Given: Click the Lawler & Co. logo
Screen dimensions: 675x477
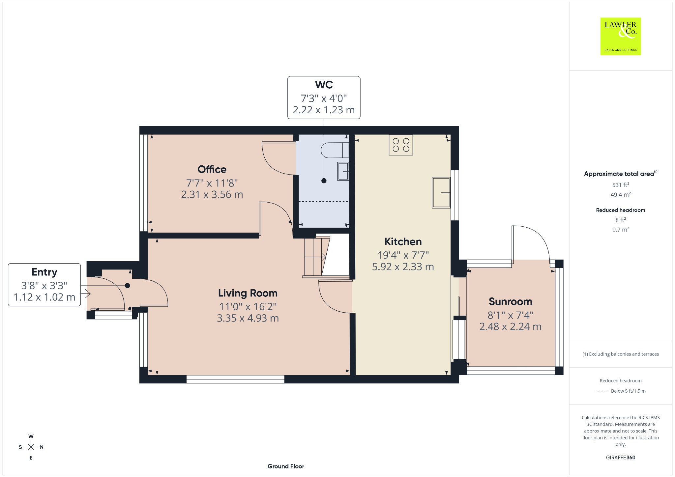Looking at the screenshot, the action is (620, 36).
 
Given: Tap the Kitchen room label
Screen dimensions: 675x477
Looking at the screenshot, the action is (403, 241).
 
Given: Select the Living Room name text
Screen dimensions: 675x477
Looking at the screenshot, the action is (248, 293).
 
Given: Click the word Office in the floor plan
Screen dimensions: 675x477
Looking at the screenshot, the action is (212, 169).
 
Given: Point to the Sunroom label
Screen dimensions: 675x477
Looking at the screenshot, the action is (510, 301).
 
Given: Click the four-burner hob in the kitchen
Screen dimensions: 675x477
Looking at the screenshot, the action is (401, 145).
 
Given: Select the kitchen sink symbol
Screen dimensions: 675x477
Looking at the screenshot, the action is (441, 193).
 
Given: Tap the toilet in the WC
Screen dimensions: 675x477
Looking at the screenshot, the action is (335, 150).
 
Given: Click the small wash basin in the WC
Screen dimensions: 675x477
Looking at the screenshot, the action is (343, 171).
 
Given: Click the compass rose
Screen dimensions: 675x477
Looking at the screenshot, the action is (31, 447).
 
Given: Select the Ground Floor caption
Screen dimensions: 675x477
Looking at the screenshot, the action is (286, 466).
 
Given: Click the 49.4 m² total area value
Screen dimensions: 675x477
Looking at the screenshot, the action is (621, 194).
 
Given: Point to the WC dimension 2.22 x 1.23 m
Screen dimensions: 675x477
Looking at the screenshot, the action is (324, 110).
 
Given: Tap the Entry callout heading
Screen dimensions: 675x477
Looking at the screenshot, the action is (44, 272).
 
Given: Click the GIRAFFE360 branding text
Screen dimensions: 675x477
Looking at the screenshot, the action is (621, 457).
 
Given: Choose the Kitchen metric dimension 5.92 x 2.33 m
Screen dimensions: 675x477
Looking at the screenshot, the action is (403, 267).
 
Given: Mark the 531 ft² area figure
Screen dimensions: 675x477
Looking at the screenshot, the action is (621, 185).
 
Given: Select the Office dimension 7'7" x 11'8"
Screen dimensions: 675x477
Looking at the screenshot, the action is (212, 183).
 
